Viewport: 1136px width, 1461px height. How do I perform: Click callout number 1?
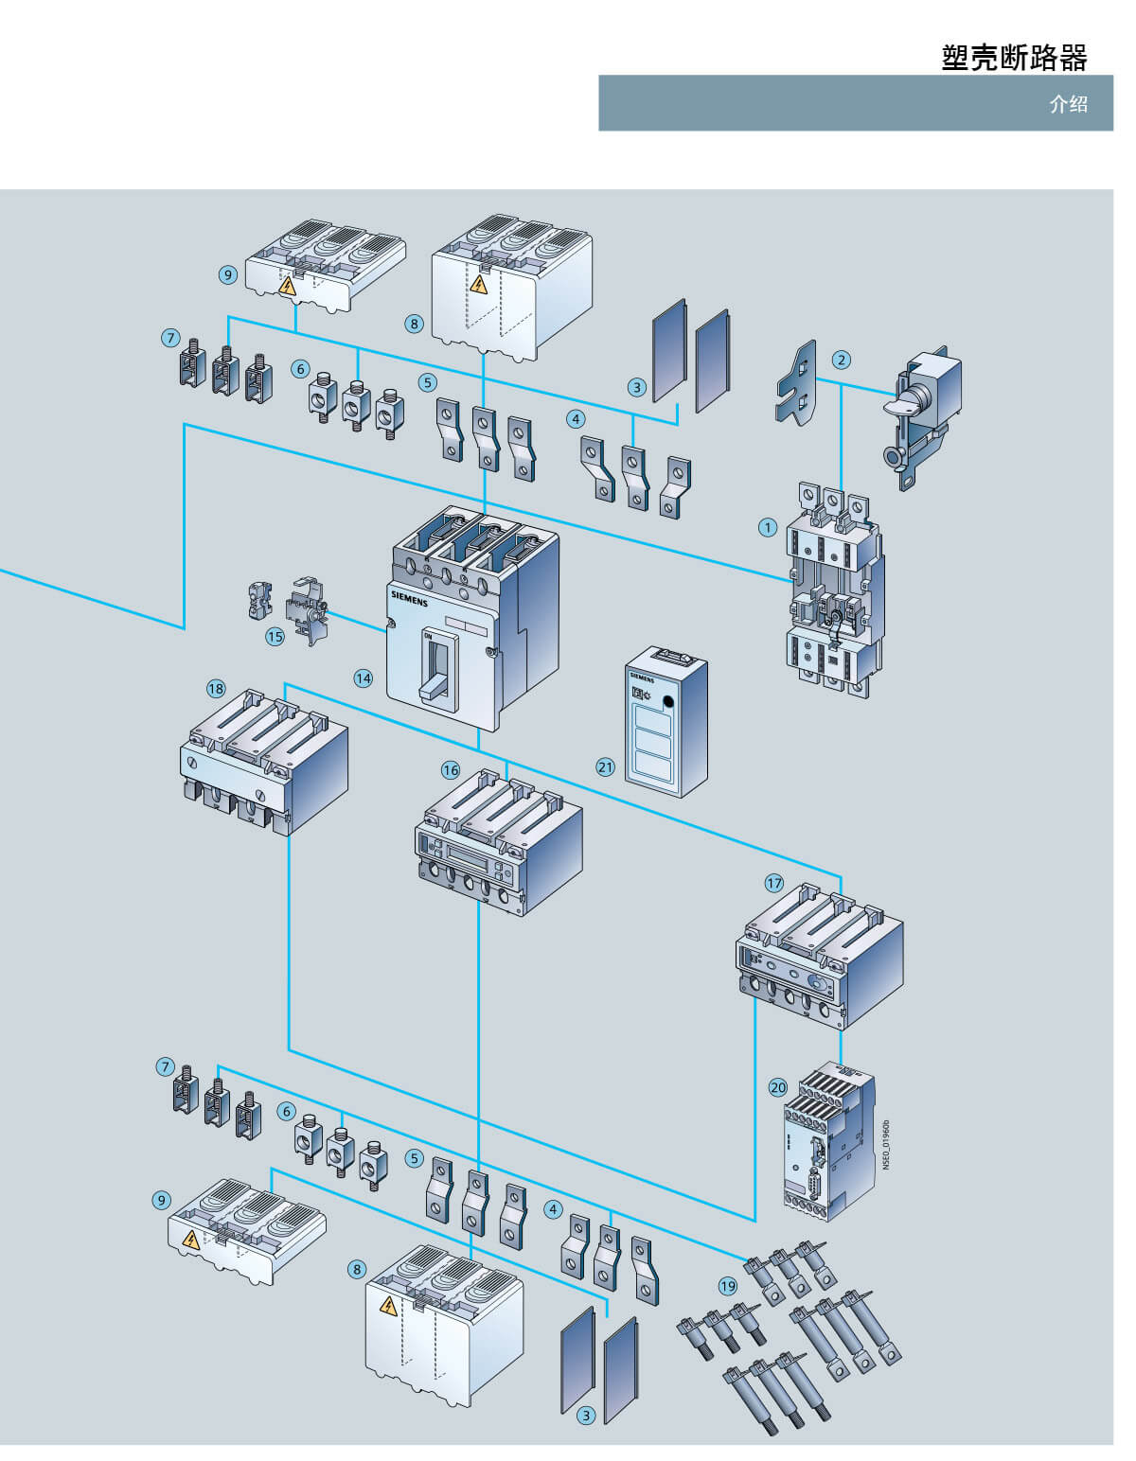[768, 527]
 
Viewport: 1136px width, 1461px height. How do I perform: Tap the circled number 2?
[841, 360]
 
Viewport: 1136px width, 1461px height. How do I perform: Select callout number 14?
[364, 678]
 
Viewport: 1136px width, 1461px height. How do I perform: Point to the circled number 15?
[275, 637]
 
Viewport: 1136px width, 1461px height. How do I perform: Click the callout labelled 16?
[451, 770]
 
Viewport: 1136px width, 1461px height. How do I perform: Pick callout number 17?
[774, 883]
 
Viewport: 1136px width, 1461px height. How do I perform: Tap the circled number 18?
[216, 688]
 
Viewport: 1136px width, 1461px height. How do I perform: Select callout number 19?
[727, 1286]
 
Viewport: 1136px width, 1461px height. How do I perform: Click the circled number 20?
[777, 1087]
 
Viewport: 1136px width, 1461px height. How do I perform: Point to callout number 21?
[605, 766]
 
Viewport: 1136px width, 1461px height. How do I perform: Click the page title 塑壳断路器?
[1014, 58]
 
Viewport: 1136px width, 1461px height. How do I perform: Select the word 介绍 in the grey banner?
[1068, 104]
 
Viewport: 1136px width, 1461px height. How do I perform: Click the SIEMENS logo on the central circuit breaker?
[409, 598]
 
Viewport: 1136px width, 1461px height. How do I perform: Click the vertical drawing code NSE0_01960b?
[886, 1145]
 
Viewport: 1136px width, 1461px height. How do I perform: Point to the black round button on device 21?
[669, 703]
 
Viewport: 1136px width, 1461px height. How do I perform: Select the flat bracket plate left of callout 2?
[796, 383]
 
